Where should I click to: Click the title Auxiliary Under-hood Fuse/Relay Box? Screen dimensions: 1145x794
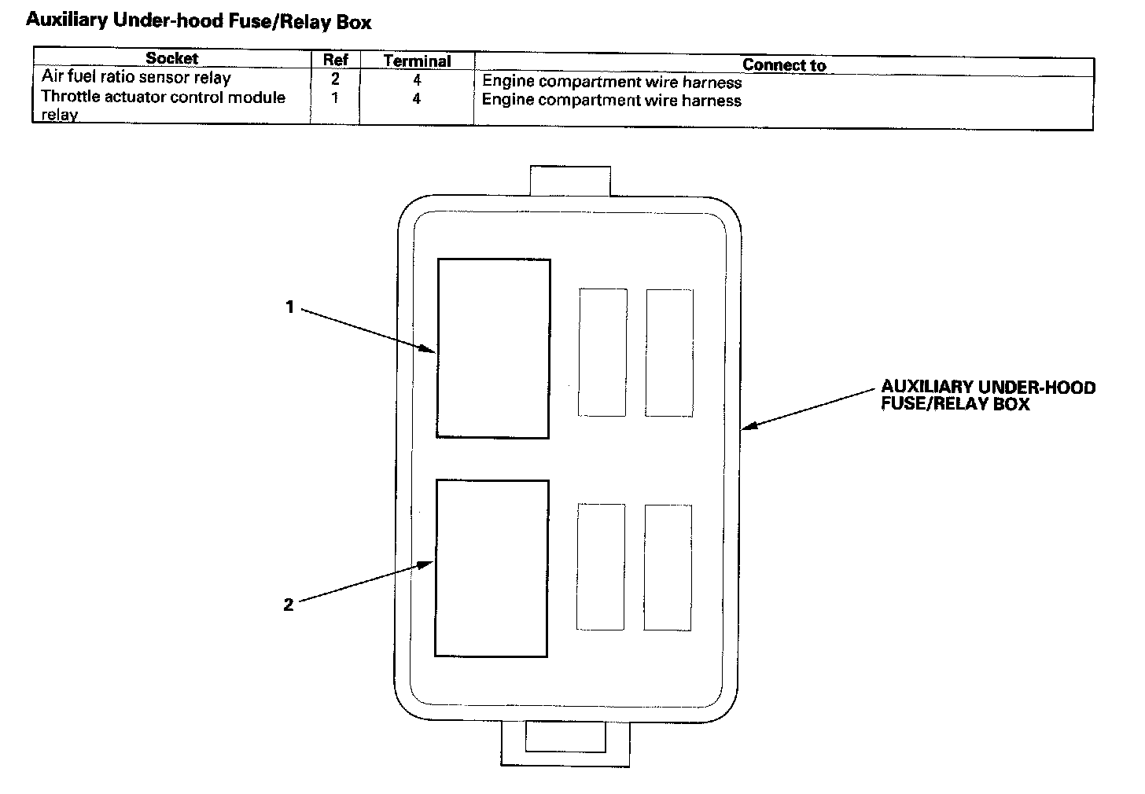pos(198,21)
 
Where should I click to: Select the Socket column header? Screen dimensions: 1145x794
pos(171,58)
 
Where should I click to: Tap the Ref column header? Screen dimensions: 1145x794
pos(335,60)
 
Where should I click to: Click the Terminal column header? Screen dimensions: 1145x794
pos(417,61)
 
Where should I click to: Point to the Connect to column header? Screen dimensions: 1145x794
pos(783,65)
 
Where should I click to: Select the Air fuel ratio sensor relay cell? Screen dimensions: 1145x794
pos(136,78)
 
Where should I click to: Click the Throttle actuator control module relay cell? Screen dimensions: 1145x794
pos(163,105)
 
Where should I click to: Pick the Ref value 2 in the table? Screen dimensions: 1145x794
pos(335,79)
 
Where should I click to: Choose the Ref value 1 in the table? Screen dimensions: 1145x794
pos(335,99)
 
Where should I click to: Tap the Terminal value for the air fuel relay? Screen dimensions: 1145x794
pos(417,79)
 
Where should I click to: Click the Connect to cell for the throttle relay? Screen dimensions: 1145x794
pos(611,101)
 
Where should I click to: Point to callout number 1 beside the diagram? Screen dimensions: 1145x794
pos(289,307)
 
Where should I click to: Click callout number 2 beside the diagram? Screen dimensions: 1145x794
pos(289,605)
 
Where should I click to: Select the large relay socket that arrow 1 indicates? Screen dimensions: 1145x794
pos(493,348)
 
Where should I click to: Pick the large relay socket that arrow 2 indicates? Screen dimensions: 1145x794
pos(492,568)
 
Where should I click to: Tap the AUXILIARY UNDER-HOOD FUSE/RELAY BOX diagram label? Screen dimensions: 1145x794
pos(988,395)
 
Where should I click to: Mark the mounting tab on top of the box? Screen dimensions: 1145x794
pos(570,181)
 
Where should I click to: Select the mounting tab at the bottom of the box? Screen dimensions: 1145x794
pos(565,743)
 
